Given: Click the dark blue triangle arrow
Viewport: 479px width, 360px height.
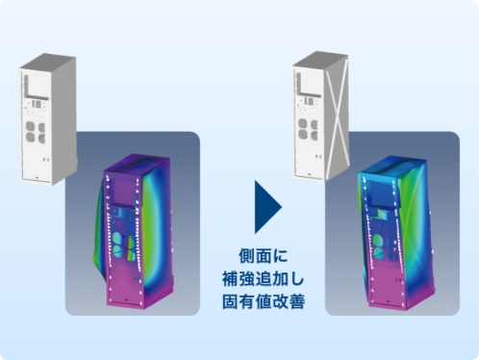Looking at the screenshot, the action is tap(266, 207).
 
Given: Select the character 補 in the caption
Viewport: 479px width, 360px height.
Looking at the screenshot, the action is tap(232, 278).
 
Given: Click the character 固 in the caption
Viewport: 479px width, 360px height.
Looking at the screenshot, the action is tap(232, 300).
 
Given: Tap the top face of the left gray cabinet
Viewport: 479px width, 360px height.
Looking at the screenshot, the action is tap(48, 62).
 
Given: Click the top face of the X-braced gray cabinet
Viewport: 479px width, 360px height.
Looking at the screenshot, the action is tap(320, 60).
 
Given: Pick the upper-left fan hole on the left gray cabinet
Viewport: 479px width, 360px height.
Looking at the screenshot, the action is tap(31, 126).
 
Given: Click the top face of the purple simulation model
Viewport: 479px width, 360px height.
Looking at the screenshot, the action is tap(139, 165).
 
